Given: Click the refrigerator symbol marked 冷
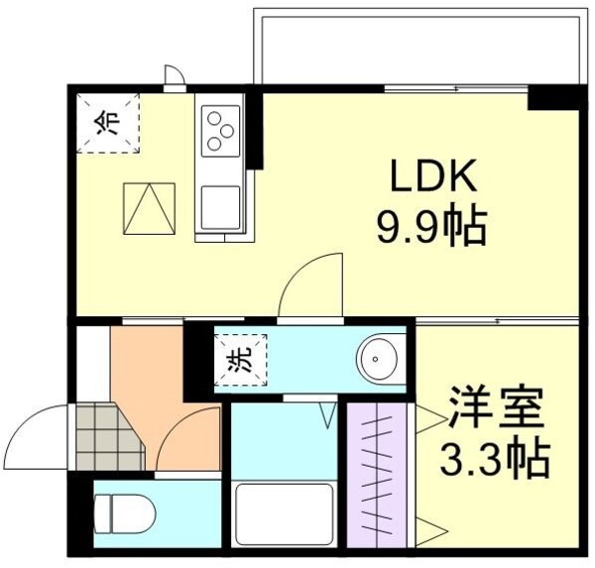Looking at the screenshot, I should (x=110, y=122).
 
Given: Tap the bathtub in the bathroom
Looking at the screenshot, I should (x=283, y=513).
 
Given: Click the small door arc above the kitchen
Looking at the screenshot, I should (x=175, y=78).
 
